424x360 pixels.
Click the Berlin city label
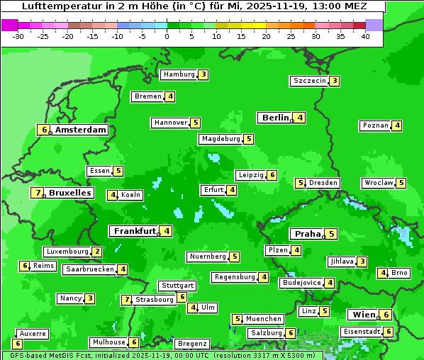click(275, 118)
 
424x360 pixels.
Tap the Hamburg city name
click(178, 74)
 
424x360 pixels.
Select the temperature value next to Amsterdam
click(44, 130)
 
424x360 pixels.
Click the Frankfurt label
click(134, 231)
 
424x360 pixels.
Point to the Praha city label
click(308, 234)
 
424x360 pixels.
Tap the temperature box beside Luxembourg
click(97, 252)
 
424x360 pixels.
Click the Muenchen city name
click(263, 319)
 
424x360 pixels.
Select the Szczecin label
click(310, 81)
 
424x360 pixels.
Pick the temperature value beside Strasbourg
click(127, 300)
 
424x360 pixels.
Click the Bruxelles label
click(69, 193)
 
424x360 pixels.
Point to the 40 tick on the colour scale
click(365, 36)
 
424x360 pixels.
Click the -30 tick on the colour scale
click(18, 36)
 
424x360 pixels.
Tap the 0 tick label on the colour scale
click(167, 36)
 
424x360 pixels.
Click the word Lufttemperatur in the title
click(54, 6)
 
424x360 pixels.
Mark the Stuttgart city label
click(177, 286)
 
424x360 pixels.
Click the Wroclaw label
click(378, 183)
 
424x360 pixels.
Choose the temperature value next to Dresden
click(301, 183)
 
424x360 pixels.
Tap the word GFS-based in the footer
click(25, 355)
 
